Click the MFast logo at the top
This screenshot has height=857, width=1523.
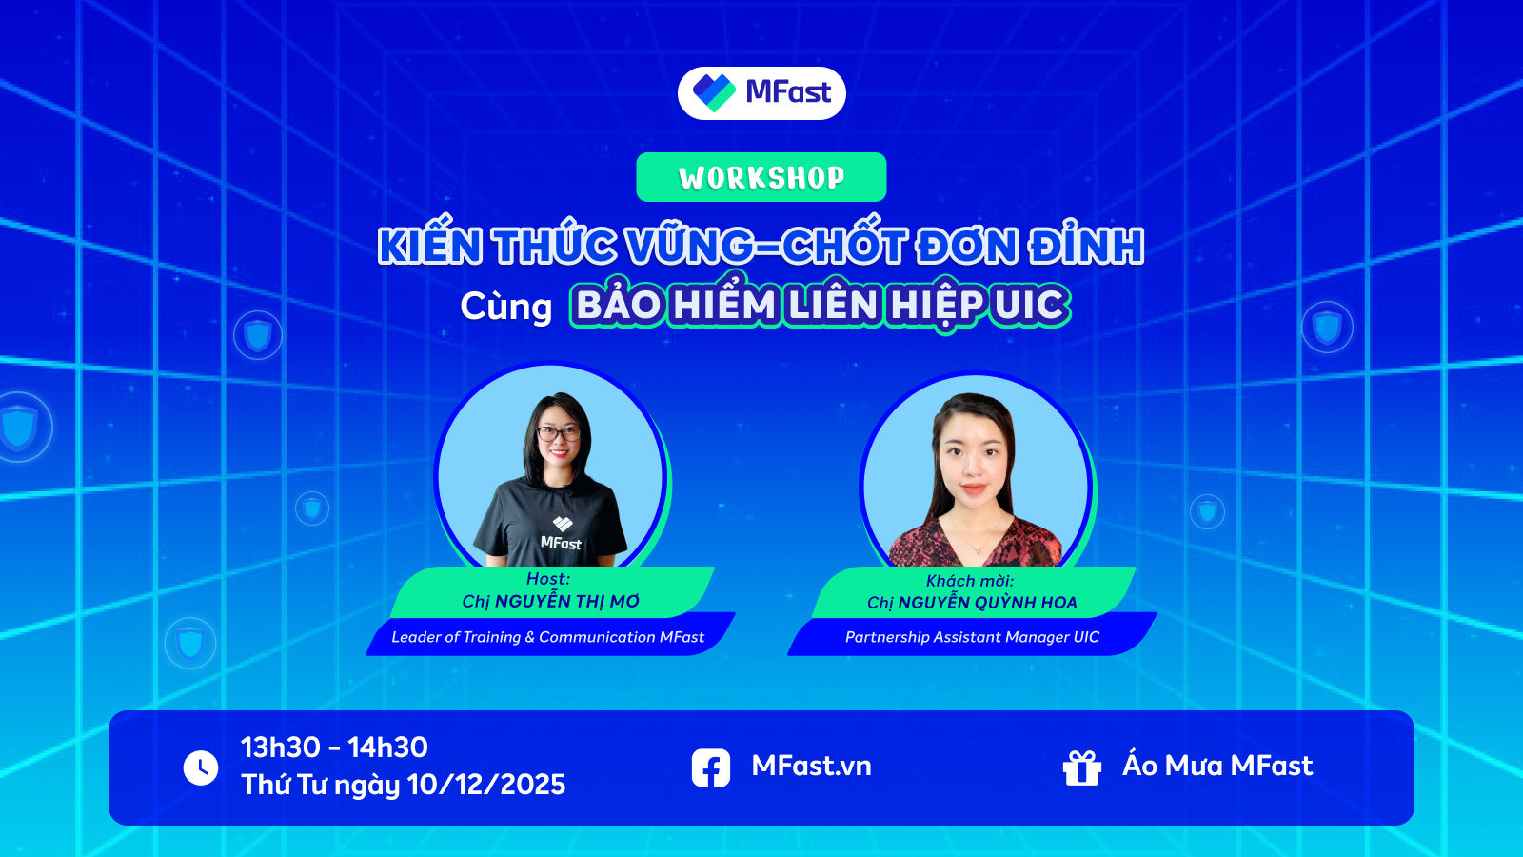(x=761, y=93)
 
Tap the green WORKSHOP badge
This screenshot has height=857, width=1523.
(x=761, y=177)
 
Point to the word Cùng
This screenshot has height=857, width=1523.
(x=505, y=306)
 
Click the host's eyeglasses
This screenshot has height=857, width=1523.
(x=558, y=433)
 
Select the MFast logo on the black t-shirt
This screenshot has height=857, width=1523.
(x=561, y=534)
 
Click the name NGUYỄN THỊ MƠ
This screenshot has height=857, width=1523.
(x=567, y=601)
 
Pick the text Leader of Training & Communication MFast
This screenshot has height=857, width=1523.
(x=547, y=637)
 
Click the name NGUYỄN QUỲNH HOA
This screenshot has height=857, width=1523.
(x=987, y=603)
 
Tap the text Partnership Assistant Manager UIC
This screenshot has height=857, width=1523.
(x=972, y=637)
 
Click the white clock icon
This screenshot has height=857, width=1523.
(x=201, y=767)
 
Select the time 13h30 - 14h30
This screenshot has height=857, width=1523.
(x=334, y=747)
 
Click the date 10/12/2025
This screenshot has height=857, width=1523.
(x=486, y=785)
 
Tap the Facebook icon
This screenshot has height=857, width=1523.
(x=710, y=767)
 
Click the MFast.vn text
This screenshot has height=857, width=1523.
(x=811, y=766)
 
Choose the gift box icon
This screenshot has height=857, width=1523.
(x=1081, y=767)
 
